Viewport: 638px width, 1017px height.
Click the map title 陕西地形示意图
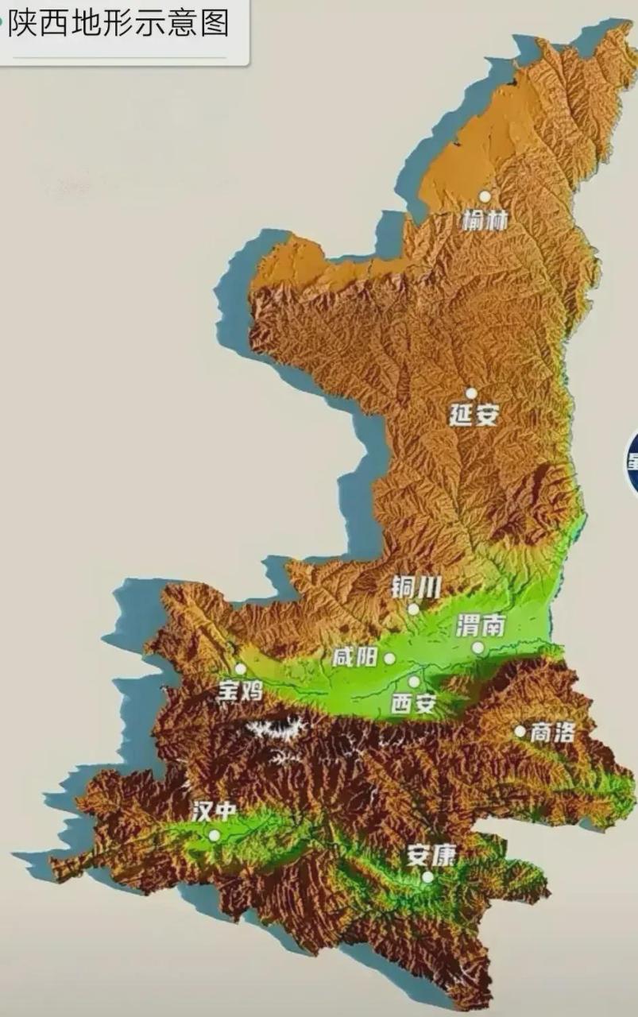119,23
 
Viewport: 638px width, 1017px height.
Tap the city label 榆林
485,219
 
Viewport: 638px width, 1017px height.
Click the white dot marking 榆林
485,196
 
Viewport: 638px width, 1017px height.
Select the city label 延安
474,415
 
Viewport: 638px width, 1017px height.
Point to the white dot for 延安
471,393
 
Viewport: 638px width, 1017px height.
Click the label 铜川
416,587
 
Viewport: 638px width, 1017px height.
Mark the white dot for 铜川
413,609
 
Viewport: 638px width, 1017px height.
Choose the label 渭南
481,626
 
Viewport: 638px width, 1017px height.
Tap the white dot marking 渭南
478,648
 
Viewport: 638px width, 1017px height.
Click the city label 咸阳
355,658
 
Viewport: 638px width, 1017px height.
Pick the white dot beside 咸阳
389,659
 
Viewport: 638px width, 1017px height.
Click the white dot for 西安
414,682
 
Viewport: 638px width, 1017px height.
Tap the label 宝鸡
240,691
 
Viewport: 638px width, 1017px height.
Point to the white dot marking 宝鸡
240,669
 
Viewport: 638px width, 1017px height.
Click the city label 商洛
552,732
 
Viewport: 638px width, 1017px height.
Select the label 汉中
214,811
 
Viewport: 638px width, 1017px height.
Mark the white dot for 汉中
214,835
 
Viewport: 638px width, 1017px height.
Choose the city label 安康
432,855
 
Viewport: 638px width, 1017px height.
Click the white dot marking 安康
427,877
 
